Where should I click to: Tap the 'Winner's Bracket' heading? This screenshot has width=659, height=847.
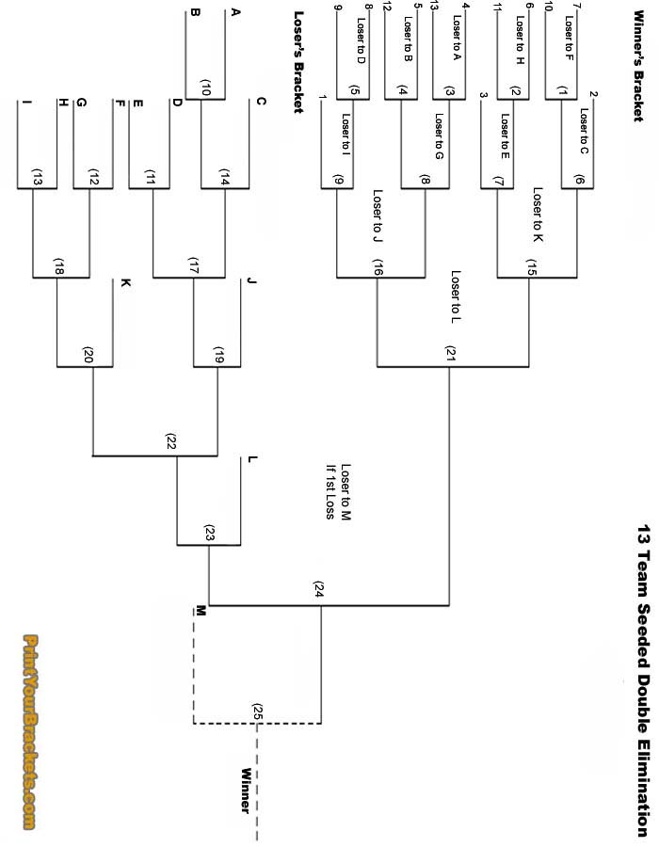coord(637,58)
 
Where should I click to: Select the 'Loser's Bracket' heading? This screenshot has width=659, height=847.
coord(299,62)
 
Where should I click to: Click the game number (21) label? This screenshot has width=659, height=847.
coord(450,353)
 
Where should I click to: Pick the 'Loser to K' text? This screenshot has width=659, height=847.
coord(538,215)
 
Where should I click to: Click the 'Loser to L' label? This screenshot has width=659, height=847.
coord(456,299)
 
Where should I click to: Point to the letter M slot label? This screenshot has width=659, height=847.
coord(200,613)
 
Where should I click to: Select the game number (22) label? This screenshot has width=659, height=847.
coord(171,441)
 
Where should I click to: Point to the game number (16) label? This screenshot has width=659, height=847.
coord(378,268)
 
